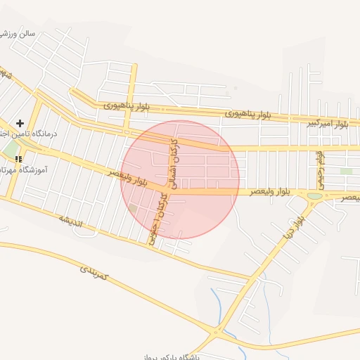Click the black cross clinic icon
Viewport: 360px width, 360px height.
[20, 123]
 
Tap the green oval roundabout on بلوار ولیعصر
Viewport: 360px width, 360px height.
[314, 196]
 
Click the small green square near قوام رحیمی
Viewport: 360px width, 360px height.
[346, 171]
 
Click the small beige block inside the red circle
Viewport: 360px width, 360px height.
[133, 209]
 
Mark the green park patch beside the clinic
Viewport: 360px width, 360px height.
[10, 150]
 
